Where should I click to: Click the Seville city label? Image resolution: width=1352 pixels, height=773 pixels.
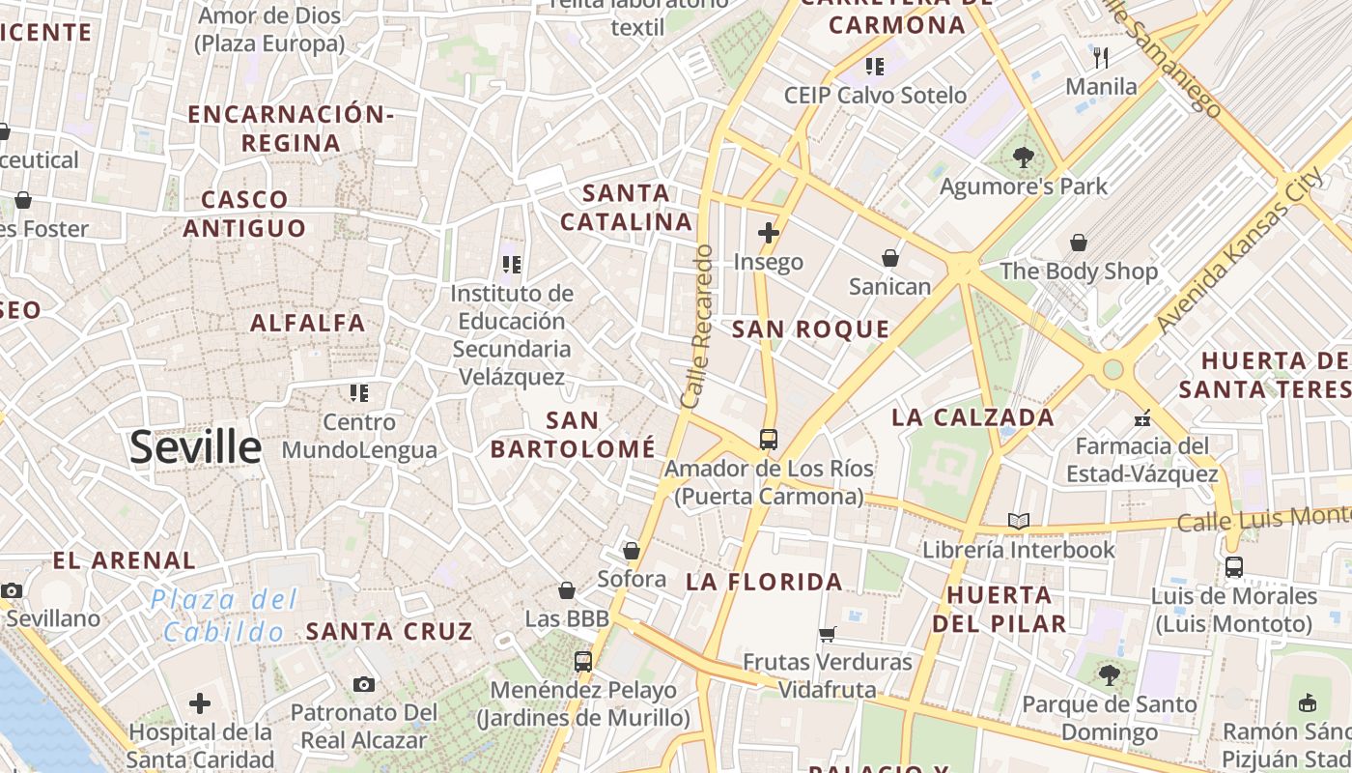(196, 447)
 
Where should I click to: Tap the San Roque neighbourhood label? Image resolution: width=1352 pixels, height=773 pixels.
(810, 329)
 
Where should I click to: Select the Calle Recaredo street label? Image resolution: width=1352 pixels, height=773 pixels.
(696, 327)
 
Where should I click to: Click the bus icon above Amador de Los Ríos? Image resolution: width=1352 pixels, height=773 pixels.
(769, 440)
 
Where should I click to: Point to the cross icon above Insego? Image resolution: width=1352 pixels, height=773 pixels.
(769, 233)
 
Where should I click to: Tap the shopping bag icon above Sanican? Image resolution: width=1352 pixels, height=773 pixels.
(890, 258)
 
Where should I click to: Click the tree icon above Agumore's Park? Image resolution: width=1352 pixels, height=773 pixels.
(1023, 157)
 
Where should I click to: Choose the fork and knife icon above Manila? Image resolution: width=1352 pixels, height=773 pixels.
(1101, 57)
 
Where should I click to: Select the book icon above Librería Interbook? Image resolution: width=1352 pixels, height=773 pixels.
(1018, 522)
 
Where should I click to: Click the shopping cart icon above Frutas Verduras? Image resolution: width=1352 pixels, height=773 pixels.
(828, 634)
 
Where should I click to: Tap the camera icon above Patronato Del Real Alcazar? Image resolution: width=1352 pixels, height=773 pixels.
(363, 684)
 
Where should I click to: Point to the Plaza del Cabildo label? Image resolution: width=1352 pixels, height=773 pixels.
(224, 616)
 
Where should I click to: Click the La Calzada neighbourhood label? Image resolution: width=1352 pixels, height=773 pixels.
(972, 417)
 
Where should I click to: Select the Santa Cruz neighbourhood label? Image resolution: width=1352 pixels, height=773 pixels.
(389, 632)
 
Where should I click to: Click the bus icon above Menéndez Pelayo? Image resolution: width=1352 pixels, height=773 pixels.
(582, 662)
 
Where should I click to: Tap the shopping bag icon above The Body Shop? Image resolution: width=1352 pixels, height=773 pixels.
(1078, 243)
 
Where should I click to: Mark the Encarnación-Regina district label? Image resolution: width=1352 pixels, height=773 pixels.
(291, 129)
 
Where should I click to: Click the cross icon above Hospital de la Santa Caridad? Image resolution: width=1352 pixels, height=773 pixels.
(200, 702)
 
